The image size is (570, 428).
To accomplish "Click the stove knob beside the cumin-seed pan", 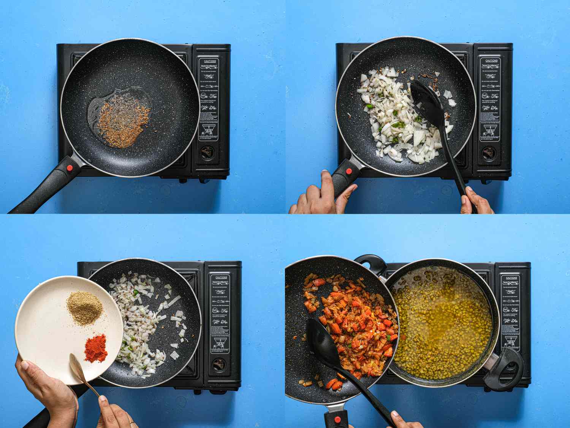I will (x=207, y=153).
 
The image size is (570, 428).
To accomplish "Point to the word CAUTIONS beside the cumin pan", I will (x=210, y=61).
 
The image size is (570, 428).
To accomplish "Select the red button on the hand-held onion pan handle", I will (x=348, y=172).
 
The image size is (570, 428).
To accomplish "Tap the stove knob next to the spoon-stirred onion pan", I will (x=488, y=153).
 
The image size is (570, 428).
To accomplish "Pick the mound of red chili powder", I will (x=96, y=347).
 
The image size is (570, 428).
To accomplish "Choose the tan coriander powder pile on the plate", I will (x=85, y=307).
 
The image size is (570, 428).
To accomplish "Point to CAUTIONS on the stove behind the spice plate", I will (x=221, y=277).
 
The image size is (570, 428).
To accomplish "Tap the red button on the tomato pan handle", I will (x=337, y=420).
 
